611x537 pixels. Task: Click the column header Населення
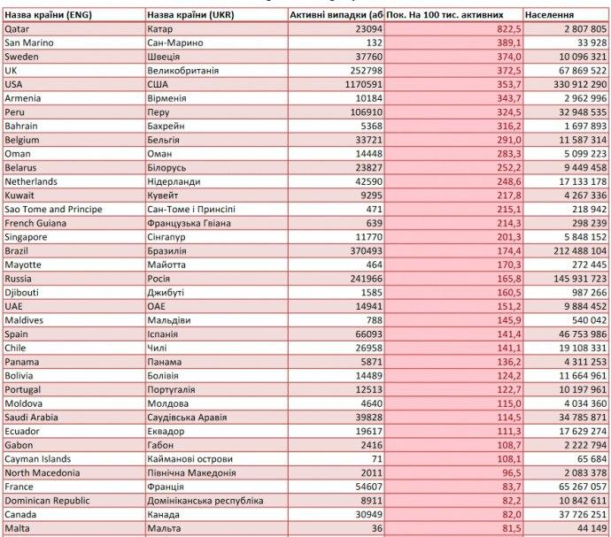549,16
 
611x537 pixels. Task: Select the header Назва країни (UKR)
192,16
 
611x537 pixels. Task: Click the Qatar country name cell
17,29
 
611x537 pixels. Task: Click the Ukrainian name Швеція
166,57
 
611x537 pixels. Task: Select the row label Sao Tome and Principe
53,209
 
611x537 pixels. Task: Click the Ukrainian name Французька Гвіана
189,223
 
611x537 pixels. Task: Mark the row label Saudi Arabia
35,416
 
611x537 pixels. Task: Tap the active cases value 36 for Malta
376,527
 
